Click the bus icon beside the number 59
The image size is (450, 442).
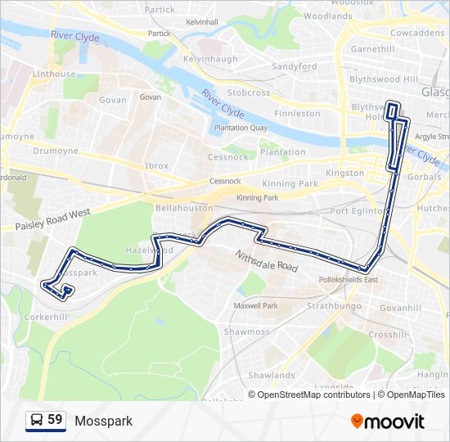(x=37, y=421)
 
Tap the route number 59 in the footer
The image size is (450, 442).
(x=55, y=420)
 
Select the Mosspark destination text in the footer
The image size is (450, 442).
(x=103, y=421)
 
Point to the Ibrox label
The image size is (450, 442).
(x=156, y=165)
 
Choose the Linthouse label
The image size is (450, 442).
(x=54, y=74)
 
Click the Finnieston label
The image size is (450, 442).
(x=298, y=114)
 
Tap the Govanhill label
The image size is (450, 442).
(x=400, y=309)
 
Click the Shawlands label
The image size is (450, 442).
(x=272, y=375)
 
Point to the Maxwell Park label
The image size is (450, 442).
(x=255, y=306)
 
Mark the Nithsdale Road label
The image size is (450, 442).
(x=265, y=261)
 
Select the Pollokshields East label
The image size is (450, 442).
(x=349, y=280)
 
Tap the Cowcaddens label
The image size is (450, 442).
(x=416, y=34)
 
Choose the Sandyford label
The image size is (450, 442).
(x=294, y=66)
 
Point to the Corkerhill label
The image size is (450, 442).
(x=45, y=316)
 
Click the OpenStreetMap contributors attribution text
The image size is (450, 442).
(x=313, y=395)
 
